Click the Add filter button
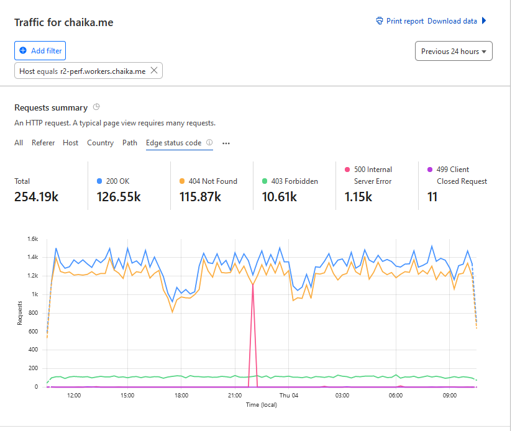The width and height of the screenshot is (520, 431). [x=39, y=50]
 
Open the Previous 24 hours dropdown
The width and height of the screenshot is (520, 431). [x=454, y=52]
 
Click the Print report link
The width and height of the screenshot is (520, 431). [x=400, y=21]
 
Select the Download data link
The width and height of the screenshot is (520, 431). [x=452, y=21]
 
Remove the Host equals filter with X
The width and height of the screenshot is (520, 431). [x=154, y=71]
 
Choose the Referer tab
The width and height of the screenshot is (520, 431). [x=43, y=143]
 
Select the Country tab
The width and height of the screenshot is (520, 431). [x=100, y=143]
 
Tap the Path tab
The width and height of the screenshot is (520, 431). [x=130, y=143]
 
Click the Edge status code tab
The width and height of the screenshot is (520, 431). [x=173, y=143]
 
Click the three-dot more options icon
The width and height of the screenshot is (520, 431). [x=226, y=143]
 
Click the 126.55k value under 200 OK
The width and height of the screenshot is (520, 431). [x=119, y=197]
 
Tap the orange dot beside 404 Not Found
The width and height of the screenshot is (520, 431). [x=182, y=181]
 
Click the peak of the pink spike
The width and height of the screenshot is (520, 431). [x=252, y=284]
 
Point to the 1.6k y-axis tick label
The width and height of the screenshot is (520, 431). [x=32, y=238]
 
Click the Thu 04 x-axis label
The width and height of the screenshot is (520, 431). [x=289, y=396]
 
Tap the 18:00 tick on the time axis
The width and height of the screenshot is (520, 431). [x=181, y=396]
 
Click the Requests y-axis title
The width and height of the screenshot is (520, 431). [x=21, y=313]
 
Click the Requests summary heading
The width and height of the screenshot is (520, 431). [x=51, y=107]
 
